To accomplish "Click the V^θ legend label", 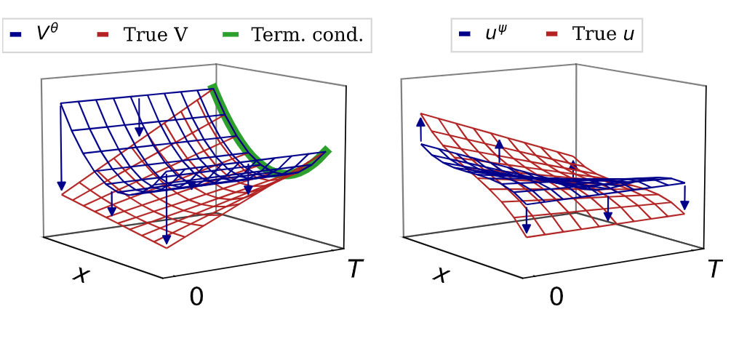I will (x=47, y=34).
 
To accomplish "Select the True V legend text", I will (x=156, y=34).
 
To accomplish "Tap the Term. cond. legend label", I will (x=306, y=34).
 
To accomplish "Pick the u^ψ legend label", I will (x=499, y=34).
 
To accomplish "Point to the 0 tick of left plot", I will (x=196, y=297).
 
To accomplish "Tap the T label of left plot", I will (x=355, y=270).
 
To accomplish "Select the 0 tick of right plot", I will (x=556, y=297).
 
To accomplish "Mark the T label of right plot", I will (x=716, y=270).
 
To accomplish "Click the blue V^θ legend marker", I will (x=16, y=34).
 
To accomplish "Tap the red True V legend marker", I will (x=103, y=34).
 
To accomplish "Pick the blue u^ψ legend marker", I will (x=464, y=34).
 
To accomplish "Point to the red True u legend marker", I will (x=552, y=34).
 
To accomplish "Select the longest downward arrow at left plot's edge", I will (x=62, y=145).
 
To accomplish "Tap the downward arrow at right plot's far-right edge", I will (x=684, y=197).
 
